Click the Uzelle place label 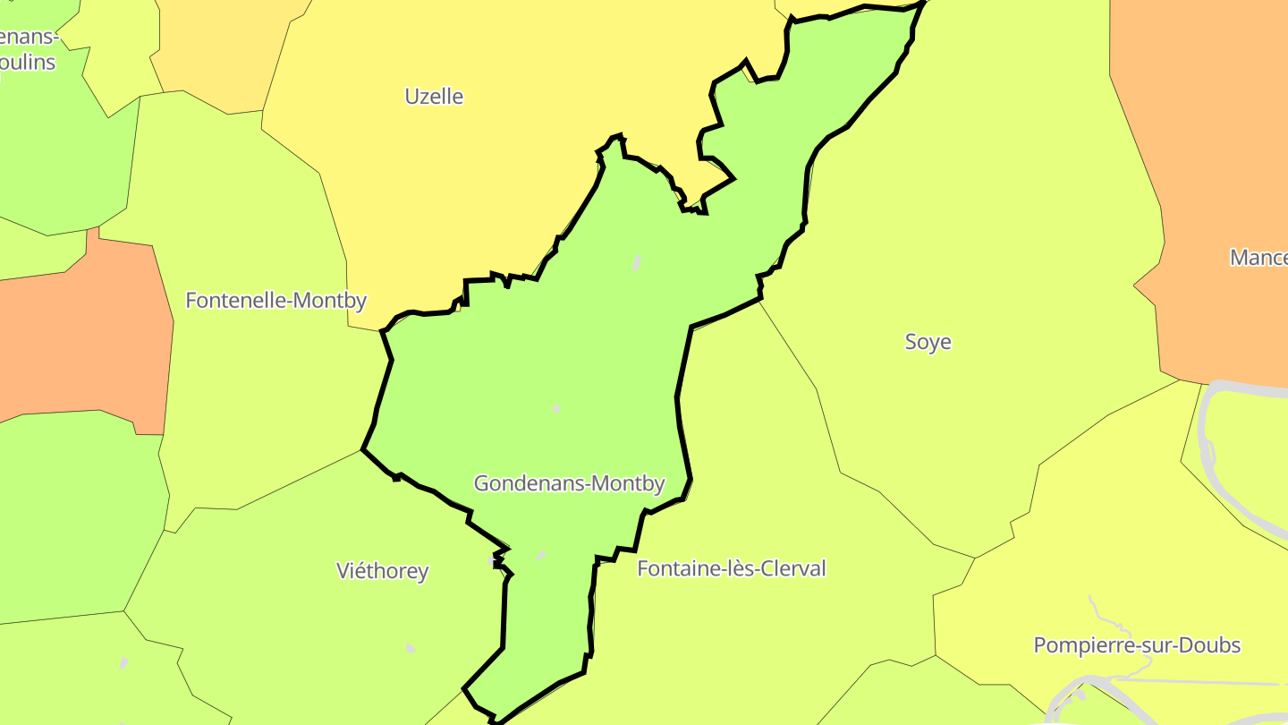click(x=434, y=96)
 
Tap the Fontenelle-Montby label click(x=275, y=300)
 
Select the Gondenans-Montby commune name click(x=569, y=483)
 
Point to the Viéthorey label click(x=382, y=570)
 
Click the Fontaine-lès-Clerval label click(x=731, y=568)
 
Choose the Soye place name click(x=928, y=341)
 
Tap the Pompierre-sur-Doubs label click(x=1137, y=644)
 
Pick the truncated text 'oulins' click(x=27, y=62)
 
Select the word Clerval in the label click(x=790, y=568)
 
